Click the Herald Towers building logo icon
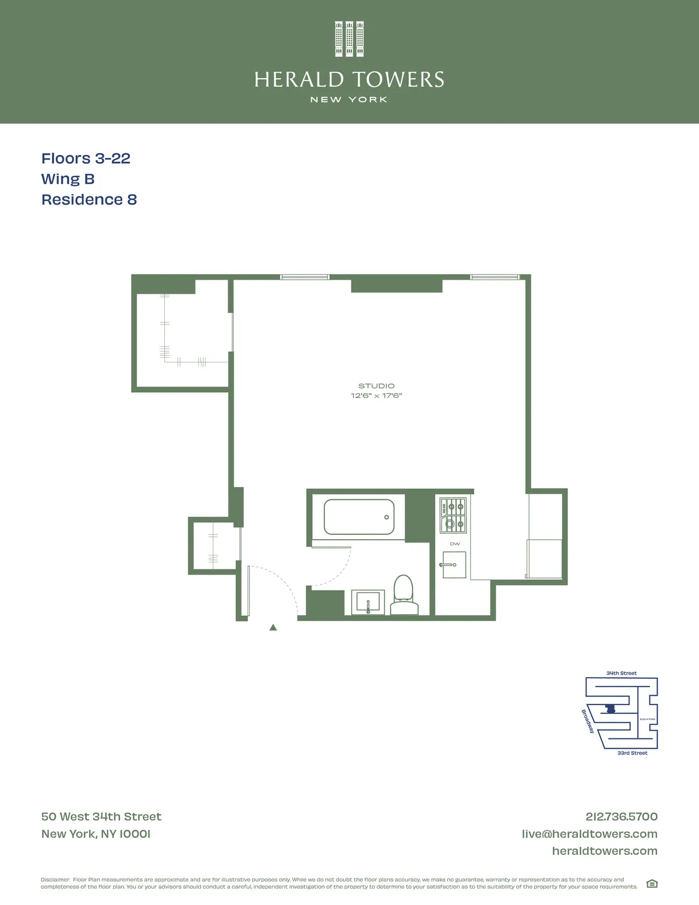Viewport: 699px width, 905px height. (x=349, y=39)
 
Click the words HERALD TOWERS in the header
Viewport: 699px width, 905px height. (x=349, y=79)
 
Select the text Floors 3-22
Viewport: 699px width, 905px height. (x=86, y=159)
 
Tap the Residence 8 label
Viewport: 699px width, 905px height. (x=89, y=199)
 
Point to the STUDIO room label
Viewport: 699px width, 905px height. (x=376, y=386)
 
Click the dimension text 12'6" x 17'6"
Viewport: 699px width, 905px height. (x=376, y=396)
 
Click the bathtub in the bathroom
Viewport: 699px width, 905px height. (x=359, y=517)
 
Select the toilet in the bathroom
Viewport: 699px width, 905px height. (x=404, y=596)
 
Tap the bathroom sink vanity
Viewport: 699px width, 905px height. (x=368, y=601)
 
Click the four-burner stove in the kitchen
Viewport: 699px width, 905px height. (x=453, y=515)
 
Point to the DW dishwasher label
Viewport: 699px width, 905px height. (x=455, y=544)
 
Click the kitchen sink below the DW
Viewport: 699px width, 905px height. (x=454, y=565)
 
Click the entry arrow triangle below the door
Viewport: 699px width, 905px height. (x=273, y=628)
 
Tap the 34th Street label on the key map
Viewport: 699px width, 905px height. (x=622, y=673)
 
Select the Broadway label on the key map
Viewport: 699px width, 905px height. (x=588, y=721)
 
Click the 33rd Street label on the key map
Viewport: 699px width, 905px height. (x=632, y=753)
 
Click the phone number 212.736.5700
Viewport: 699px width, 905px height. (x=622, y=816)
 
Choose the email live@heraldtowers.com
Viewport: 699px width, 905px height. (x=589, y=834)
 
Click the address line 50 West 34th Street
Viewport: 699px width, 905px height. (x=101, y=816)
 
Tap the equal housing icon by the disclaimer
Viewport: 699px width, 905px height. (x=652, y=883)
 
